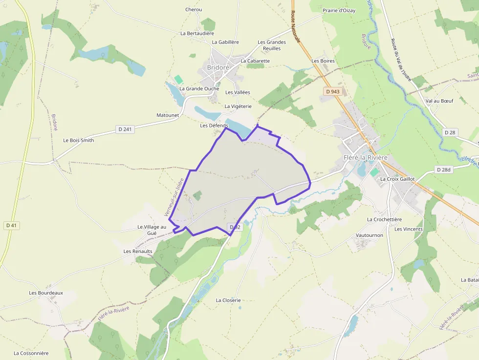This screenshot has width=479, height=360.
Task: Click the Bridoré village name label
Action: (218, 67)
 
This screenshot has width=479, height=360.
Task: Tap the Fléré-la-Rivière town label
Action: (365, 157)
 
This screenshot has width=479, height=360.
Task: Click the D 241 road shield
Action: (125, 129)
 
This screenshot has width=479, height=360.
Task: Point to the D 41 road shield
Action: (11, 225)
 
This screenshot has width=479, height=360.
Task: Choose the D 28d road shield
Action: (444, 169)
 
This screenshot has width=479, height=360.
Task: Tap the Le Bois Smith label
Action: (79, 140)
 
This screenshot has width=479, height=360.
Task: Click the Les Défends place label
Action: (214, 126)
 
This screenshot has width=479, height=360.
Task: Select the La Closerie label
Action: (228, 300)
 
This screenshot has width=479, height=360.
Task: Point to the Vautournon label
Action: (370, 235)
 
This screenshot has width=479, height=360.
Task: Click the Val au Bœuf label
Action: (439, 101)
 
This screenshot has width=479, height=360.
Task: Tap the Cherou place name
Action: (194, 9)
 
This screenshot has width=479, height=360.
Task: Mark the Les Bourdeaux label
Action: (46, 293)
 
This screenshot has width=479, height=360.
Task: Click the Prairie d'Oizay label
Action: (339, 10)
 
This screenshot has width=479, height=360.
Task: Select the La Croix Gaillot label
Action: (397, 179)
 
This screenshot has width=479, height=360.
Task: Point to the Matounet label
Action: (168, 115)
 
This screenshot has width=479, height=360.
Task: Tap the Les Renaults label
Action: (138, 251)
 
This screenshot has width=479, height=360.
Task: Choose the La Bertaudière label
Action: (197, 34)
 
